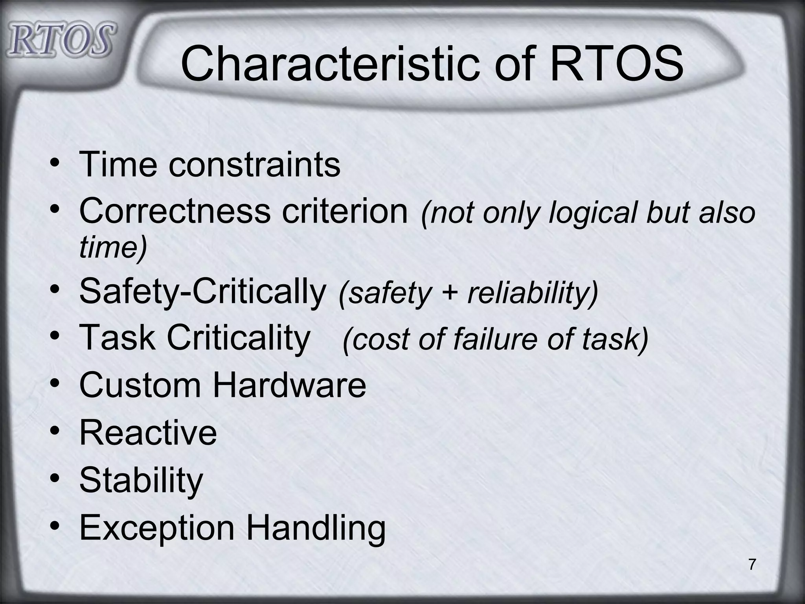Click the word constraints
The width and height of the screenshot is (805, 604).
(x=254, y=164)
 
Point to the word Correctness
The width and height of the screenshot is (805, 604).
(x=175, y=211)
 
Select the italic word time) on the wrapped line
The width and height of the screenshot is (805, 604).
(x=113, y=247)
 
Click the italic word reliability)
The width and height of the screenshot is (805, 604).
(x=533, y=293)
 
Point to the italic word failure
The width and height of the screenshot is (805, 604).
(x=495, y=339)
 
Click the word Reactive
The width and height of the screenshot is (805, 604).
(x=148, y=432)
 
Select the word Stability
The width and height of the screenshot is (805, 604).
(x=141, y=480)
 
